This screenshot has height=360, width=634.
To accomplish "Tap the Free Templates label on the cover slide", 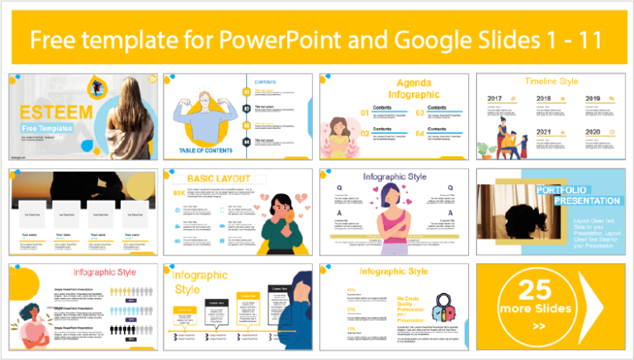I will click(x=47, y=128).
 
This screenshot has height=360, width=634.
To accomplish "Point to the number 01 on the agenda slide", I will click(x=341, y=112).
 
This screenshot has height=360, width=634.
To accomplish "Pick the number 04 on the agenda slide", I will click(x=420, y=134).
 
